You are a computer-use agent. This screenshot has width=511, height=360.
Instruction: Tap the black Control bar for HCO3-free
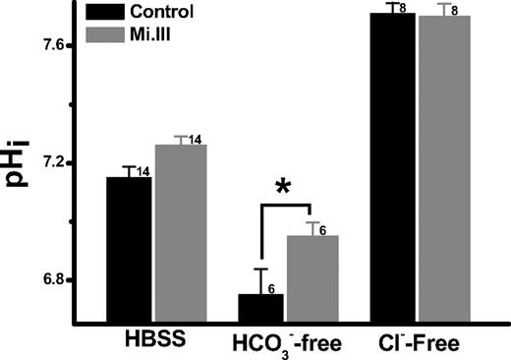pos(260,308)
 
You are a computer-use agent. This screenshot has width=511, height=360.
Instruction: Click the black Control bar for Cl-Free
pos(392,167)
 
